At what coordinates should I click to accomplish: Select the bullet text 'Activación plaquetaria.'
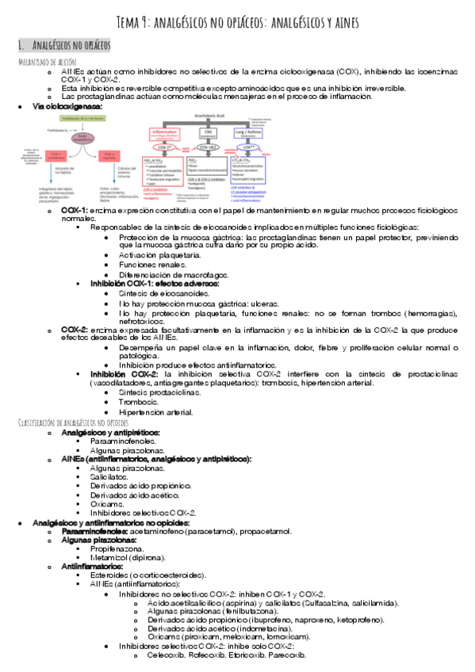pyautogui.click(x=159, y=256)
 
